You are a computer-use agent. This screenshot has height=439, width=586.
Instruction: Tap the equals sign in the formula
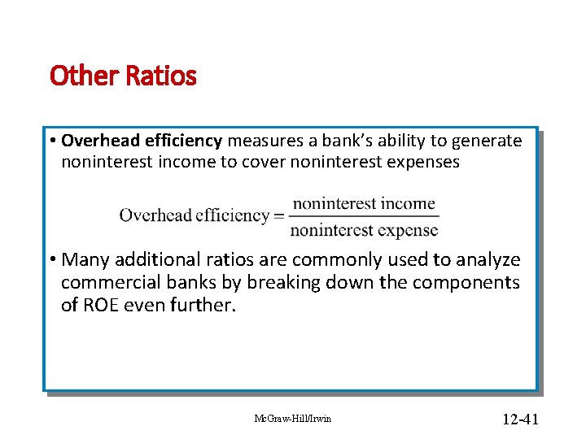click(278, 216)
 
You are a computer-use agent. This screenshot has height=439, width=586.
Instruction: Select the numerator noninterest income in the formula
click(364, 203)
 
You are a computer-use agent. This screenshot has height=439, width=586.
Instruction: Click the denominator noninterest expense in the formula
click(364, 230)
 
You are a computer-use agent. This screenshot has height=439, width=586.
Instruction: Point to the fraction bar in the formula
click(364, 216)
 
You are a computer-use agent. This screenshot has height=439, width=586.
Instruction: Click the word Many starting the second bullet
click(85, 260)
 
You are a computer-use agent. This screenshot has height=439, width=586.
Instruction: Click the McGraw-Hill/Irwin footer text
click(293, 419)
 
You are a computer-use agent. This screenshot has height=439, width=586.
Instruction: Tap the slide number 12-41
click(521, 419)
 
